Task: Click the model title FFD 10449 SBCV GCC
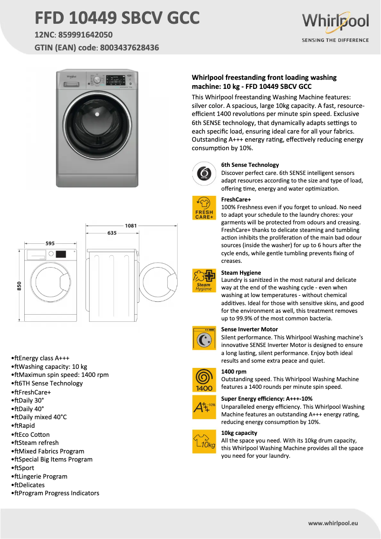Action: tap(117, 18)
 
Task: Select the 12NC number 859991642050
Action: tap(86, 35)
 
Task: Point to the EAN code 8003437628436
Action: tap(128, 48)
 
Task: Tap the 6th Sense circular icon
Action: tap(204, 174)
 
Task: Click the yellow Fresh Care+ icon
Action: tap(204, 208)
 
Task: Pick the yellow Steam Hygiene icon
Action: tap(204, 280)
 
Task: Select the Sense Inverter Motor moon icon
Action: tap(204, 338)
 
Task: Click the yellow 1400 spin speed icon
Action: tap(204, 380)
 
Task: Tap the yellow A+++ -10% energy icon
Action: tap(204, 407)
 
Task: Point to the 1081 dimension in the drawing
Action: tap(131, 225)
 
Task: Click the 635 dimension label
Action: tap(112, 233)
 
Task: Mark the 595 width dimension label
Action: tap(50, 243)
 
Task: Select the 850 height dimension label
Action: tap(19, 286)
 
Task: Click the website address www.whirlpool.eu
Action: tap(333, 523)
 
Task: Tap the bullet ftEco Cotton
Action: tap(32, 434)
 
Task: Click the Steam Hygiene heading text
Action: tap(241, 273)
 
